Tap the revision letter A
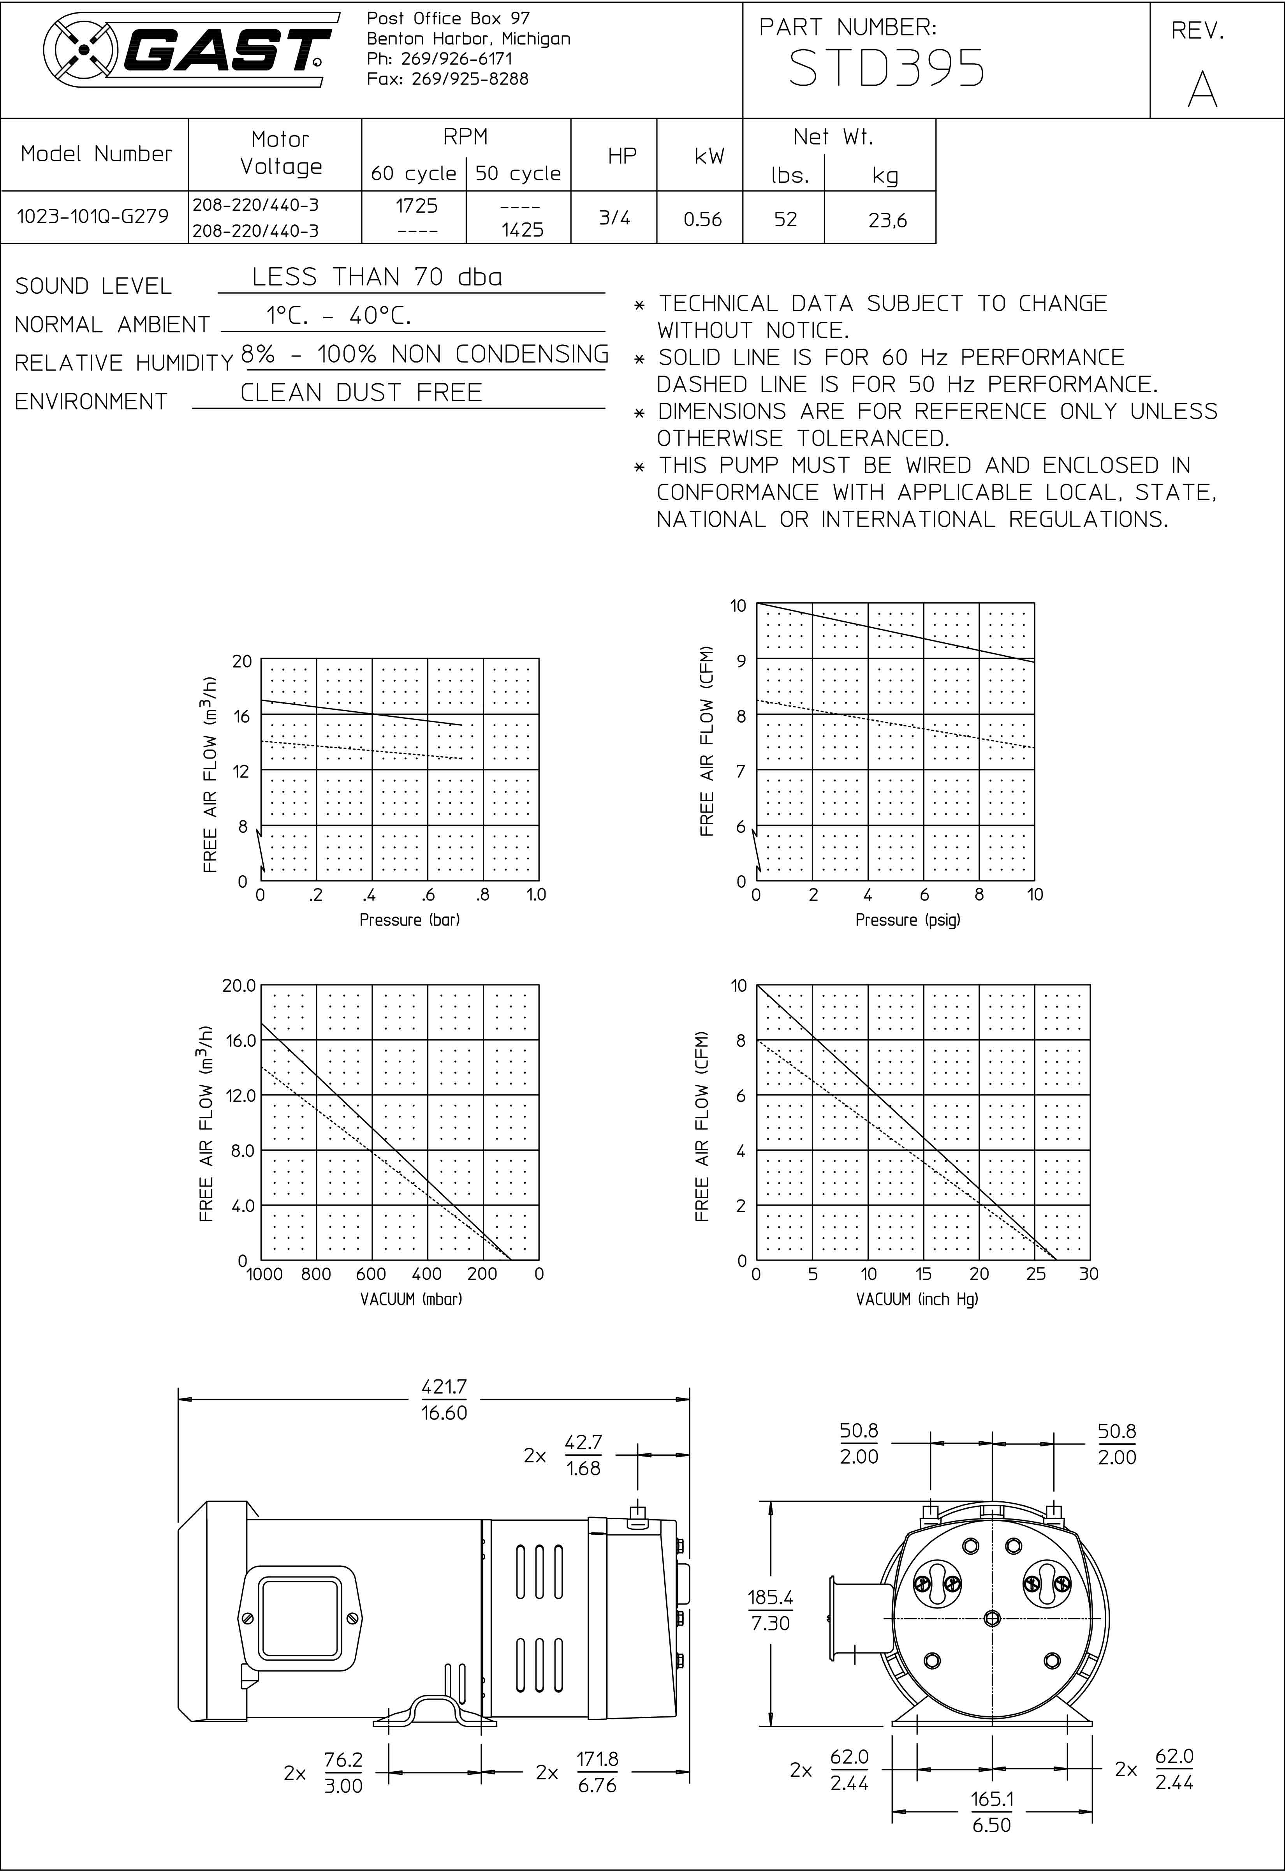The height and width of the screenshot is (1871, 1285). click(x=1202, y=88)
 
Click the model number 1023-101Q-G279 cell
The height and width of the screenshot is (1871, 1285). click(x=93, y=217)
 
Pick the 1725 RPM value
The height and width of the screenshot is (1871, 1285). click(x=416, y=206)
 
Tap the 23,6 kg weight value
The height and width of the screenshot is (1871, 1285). click(x=887, y=220)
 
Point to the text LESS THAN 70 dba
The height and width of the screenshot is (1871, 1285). click(x=377, y=277)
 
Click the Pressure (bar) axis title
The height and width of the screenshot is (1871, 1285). click(x=409, y=920)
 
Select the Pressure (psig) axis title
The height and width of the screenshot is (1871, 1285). click(x=907, y=920)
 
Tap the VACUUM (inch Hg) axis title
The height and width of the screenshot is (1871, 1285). click(x=916, y=1299)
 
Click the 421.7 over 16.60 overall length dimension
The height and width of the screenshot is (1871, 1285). click(x=444, y=1400)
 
